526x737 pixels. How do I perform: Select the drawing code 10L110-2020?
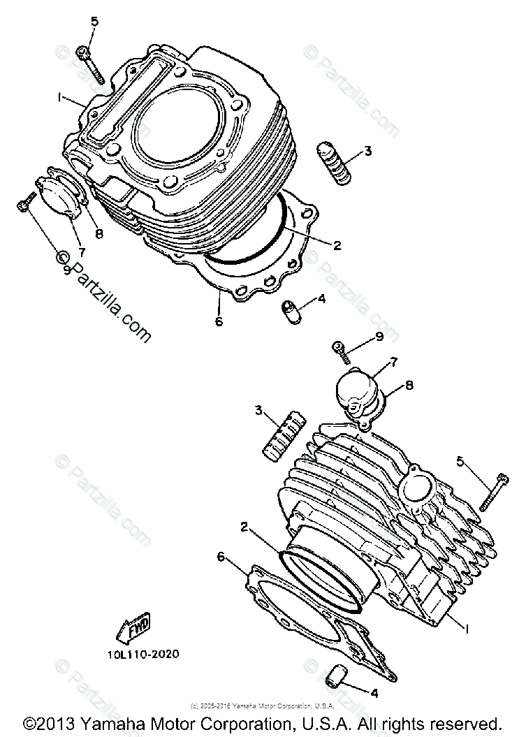144,655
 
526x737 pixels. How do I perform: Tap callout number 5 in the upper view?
95,22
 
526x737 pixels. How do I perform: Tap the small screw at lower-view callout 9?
341,349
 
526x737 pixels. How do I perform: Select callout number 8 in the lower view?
409,384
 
